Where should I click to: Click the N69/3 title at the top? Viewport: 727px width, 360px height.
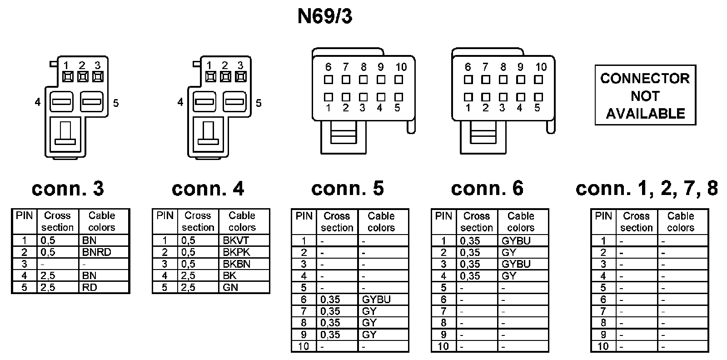coord(324,17)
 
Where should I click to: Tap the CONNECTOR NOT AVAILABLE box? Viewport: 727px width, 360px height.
coord(645,95)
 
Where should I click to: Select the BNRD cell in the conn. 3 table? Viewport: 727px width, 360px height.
coord(97,252)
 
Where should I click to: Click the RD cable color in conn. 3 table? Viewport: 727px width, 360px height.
coord(90,287)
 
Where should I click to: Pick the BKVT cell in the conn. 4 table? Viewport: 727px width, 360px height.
coord(236,240)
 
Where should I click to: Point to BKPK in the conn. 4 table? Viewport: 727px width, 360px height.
coord(236,252)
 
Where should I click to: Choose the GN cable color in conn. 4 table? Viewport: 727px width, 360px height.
coord(231,287)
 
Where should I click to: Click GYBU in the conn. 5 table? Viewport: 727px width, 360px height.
coord(376,300)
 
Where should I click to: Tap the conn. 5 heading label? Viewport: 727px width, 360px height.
coord(348,188)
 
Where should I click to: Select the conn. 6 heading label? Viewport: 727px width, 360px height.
coord(487,188)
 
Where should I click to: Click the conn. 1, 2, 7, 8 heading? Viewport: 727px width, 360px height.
coord(647,188)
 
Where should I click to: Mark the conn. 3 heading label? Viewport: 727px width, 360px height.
coord(68,188)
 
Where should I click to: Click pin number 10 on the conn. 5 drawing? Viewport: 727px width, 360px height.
coord(401,67)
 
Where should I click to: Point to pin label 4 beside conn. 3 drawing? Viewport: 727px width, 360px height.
coord(38,103)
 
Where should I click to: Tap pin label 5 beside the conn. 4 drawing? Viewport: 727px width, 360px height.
coord(259,103)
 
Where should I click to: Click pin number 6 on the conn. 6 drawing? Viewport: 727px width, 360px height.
coord(468,67)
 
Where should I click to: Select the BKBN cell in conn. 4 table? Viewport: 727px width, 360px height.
coord(236,264)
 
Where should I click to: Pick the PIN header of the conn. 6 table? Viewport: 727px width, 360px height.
coord(443,216)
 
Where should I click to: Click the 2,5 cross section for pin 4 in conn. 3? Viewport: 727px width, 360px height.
coord(48,275)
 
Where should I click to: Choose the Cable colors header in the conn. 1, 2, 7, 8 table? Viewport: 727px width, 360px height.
coord(680,222)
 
